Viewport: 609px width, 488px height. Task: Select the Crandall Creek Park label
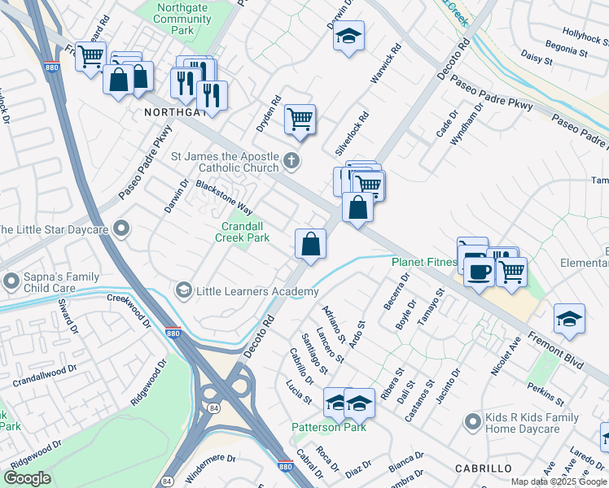point(242,233)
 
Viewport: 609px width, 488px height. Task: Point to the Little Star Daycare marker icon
point(122,229)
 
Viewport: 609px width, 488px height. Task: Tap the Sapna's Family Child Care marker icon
point(11,281)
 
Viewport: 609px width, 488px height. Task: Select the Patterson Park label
point(329,427)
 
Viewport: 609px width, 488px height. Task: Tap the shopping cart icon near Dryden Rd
point(300,119)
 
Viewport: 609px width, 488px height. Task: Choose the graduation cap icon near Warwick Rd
point(348,36)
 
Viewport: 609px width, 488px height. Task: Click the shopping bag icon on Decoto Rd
point(311,243)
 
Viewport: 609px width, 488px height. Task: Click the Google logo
point(27,478)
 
